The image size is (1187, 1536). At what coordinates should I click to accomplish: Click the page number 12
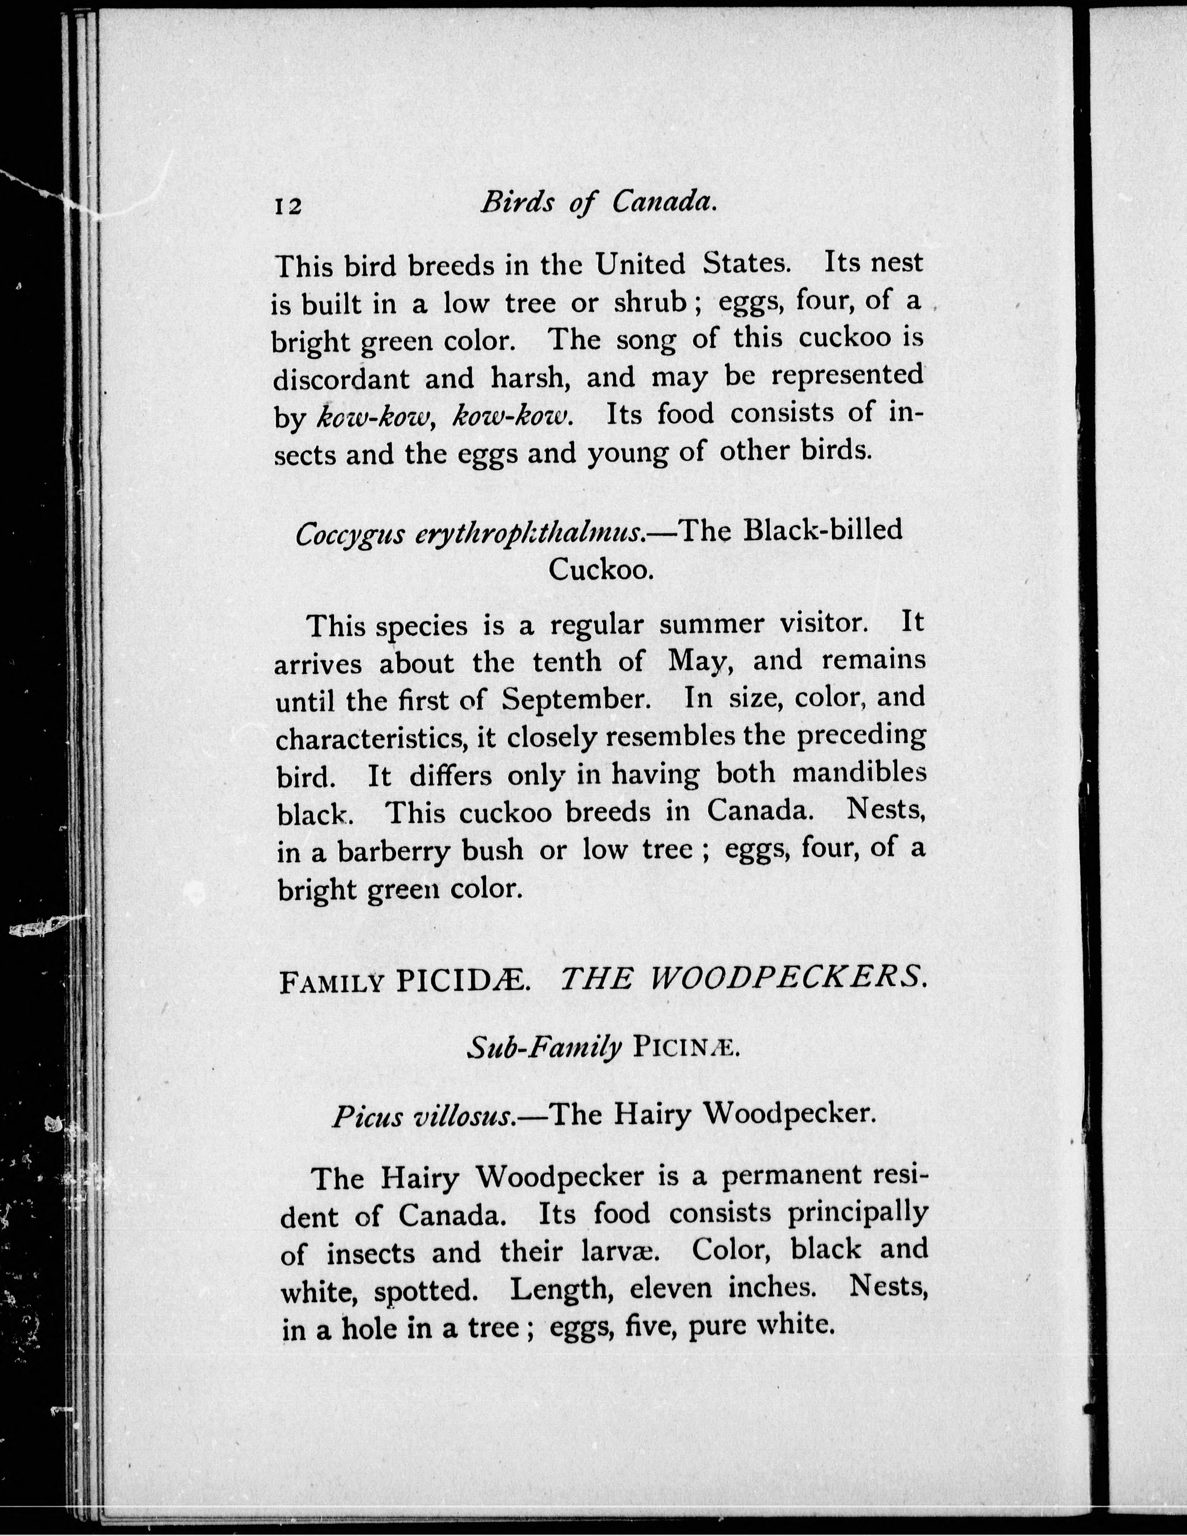point(288,206)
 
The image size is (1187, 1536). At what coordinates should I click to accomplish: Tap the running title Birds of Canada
point(598,203)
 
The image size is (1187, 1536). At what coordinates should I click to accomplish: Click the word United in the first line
point(639,264)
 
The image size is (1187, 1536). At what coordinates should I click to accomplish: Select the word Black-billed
point(822,530)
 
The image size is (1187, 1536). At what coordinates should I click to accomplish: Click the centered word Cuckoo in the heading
point(602,569)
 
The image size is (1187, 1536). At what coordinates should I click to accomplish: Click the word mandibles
point(859,772)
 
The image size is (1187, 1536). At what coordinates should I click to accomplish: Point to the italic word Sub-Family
point(545,1048)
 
